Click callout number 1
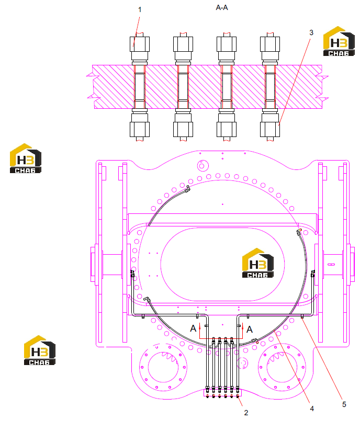tap(140, 9)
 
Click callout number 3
tap(311, 33)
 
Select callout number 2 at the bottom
tap(246, 413)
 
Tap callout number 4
tap(312, 408)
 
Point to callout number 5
tap(344, 404)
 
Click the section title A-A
tap(222, 7)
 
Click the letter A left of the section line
tap(193, 328)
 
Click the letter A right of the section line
tap(250, 329)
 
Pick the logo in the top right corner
tap(339, 41)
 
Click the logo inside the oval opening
tap(258, 263)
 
